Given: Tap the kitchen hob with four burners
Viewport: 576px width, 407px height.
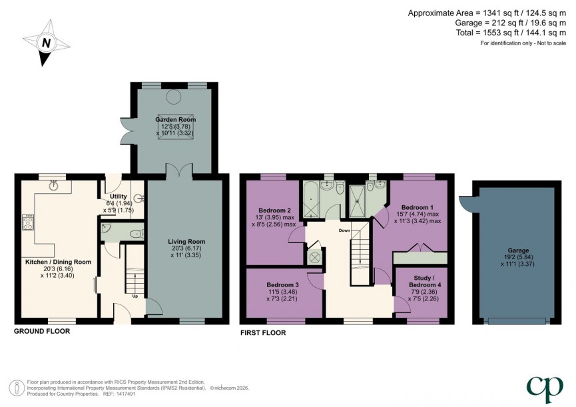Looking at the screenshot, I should pyautogui.click(x=29, y=222).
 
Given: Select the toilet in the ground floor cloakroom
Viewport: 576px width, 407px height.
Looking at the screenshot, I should pyautogui.click(x=136, y=233).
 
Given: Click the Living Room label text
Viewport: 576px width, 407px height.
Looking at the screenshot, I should pyautogui.click(x=186, y=241).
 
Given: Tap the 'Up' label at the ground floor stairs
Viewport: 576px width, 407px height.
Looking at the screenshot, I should pyautogui.click(x=137, y=296).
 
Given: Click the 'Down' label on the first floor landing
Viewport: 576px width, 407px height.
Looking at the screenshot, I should pyautogui.click(x=344, y=230).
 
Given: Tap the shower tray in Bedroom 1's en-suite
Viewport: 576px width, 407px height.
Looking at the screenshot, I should pyautogui.click(x=359, y=201).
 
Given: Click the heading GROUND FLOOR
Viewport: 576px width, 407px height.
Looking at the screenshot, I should pyautogui.click(x=42, y=331).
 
